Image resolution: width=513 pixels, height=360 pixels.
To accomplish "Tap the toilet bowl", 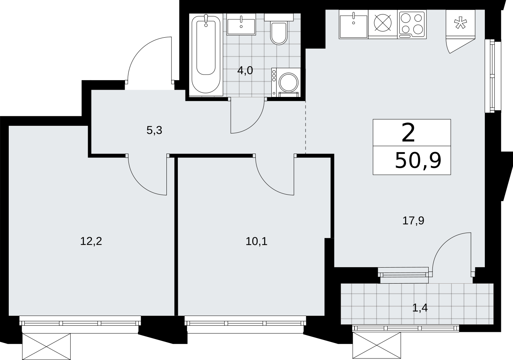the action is point(279,33).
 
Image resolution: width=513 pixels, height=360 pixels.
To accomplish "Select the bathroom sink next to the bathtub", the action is point(241,24).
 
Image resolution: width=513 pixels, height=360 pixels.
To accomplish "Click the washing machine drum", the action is point(288,82).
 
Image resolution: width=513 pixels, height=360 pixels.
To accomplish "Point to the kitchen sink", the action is point(353,24).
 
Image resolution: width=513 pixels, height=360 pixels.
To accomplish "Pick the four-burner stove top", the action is point(412,24).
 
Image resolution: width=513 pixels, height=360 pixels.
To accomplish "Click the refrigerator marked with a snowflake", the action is point(460,23).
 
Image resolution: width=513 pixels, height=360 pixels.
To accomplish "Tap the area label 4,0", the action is point(245,71).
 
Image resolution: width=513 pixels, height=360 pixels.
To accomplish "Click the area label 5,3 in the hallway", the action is point(154,131).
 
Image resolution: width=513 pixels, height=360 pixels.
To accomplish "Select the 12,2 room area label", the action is point(91,241).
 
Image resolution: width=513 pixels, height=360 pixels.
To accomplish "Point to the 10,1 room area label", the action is point(256,241).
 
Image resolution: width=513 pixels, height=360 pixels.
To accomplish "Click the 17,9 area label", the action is point(413,220).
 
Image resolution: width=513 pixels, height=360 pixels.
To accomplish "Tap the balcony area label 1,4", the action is point(420,308).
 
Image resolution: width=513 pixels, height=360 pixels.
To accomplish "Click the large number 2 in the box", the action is point(408,133).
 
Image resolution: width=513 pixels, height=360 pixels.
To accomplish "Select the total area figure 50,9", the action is point(418,161).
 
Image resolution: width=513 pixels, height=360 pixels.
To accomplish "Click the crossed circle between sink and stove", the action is point(383,23).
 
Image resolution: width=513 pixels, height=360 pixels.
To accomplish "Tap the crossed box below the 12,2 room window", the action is point(46,347).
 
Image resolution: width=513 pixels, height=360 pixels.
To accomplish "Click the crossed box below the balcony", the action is point(377,345).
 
